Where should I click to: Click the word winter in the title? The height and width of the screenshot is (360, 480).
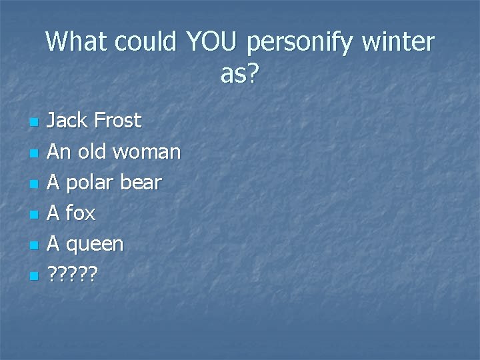point(398,43)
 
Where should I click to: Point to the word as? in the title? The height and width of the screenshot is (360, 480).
point(239,75)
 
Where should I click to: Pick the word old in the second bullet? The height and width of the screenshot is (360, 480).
point(92,151)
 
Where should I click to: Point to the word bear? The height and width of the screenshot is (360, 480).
point(141,183)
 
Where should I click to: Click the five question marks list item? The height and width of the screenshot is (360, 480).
point(73,275)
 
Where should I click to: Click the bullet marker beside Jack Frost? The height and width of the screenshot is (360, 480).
point(34,123)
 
